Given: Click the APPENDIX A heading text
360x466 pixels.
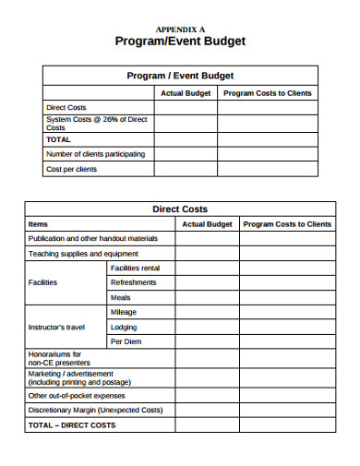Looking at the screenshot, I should [x=180, y=29].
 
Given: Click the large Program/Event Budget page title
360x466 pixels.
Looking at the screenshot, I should [x=180, y=42].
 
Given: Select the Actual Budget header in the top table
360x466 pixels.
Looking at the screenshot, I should [x=186, y=92].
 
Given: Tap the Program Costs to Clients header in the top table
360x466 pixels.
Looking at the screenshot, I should [x=268, y=92].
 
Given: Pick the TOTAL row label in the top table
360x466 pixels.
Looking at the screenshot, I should [x=58, y=138].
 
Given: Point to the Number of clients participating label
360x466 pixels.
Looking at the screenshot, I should [x=95, y=153].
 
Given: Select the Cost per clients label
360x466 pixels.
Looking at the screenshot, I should [x=71, y=169].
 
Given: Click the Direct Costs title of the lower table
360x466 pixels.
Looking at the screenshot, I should [x=180, y=209].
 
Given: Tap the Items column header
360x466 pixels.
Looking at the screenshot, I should [x=39, y=223].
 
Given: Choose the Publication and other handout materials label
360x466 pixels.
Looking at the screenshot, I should [x=100, y=238].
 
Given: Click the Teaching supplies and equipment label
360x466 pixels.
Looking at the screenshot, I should [x=83, y=253].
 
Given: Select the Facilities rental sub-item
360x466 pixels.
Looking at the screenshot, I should [x=135, y=268].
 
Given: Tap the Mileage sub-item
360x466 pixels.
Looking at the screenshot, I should [x=123, y=312].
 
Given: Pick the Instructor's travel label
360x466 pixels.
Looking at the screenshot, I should [x=56, y=327].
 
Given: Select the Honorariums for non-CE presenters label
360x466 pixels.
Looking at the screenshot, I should [x=56, y=358].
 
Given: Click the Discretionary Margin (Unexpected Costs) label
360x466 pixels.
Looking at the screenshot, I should [x=95, y=409].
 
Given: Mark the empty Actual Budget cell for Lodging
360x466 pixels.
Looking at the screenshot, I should [x=207, y=327].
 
